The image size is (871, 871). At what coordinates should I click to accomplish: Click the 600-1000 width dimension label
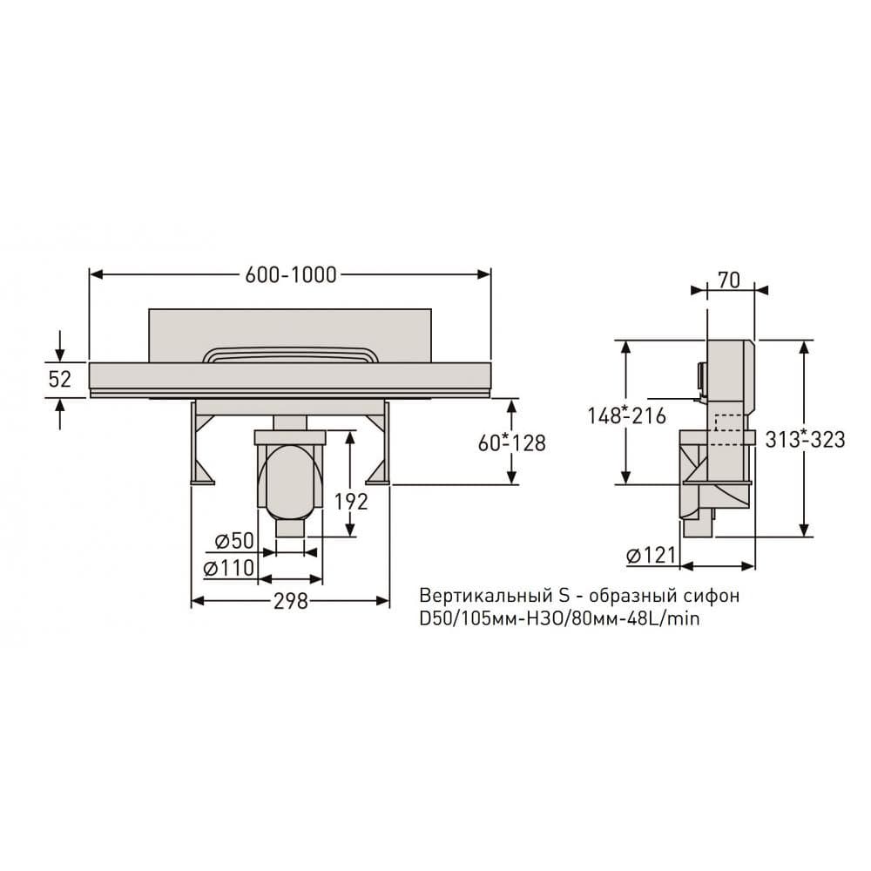click(291, 275)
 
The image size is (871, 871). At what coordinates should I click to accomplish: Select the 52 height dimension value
click(60, 380)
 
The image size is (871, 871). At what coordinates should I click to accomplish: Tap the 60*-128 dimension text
click(511, 442)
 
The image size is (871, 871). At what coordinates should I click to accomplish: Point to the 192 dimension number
click(351, 502)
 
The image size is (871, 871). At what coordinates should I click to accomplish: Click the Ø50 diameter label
click(234, 541)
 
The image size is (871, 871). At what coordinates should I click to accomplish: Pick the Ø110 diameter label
click(229, 568)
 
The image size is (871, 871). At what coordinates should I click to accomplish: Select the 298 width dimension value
click(291, 600)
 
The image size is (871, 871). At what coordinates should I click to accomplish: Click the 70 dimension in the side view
click(729, 280)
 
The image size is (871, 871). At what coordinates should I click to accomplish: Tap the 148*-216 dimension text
click(626, 415)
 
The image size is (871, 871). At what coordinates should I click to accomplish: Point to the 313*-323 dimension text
click(805, 439)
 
